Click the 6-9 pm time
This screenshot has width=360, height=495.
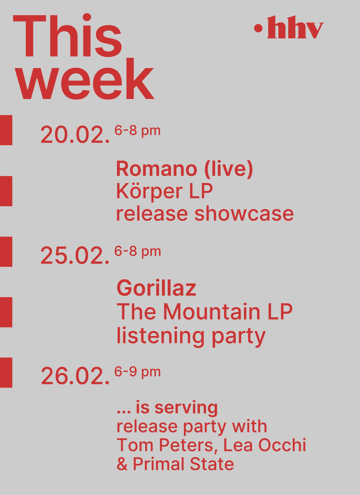137,372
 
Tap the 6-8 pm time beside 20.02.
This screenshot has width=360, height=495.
137,131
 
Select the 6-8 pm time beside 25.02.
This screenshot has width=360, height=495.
137,251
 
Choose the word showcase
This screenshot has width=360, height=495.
244,214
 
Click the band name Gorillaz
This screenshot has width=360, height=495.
156,288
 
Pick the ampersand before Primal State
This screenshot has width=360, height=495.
122,464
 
